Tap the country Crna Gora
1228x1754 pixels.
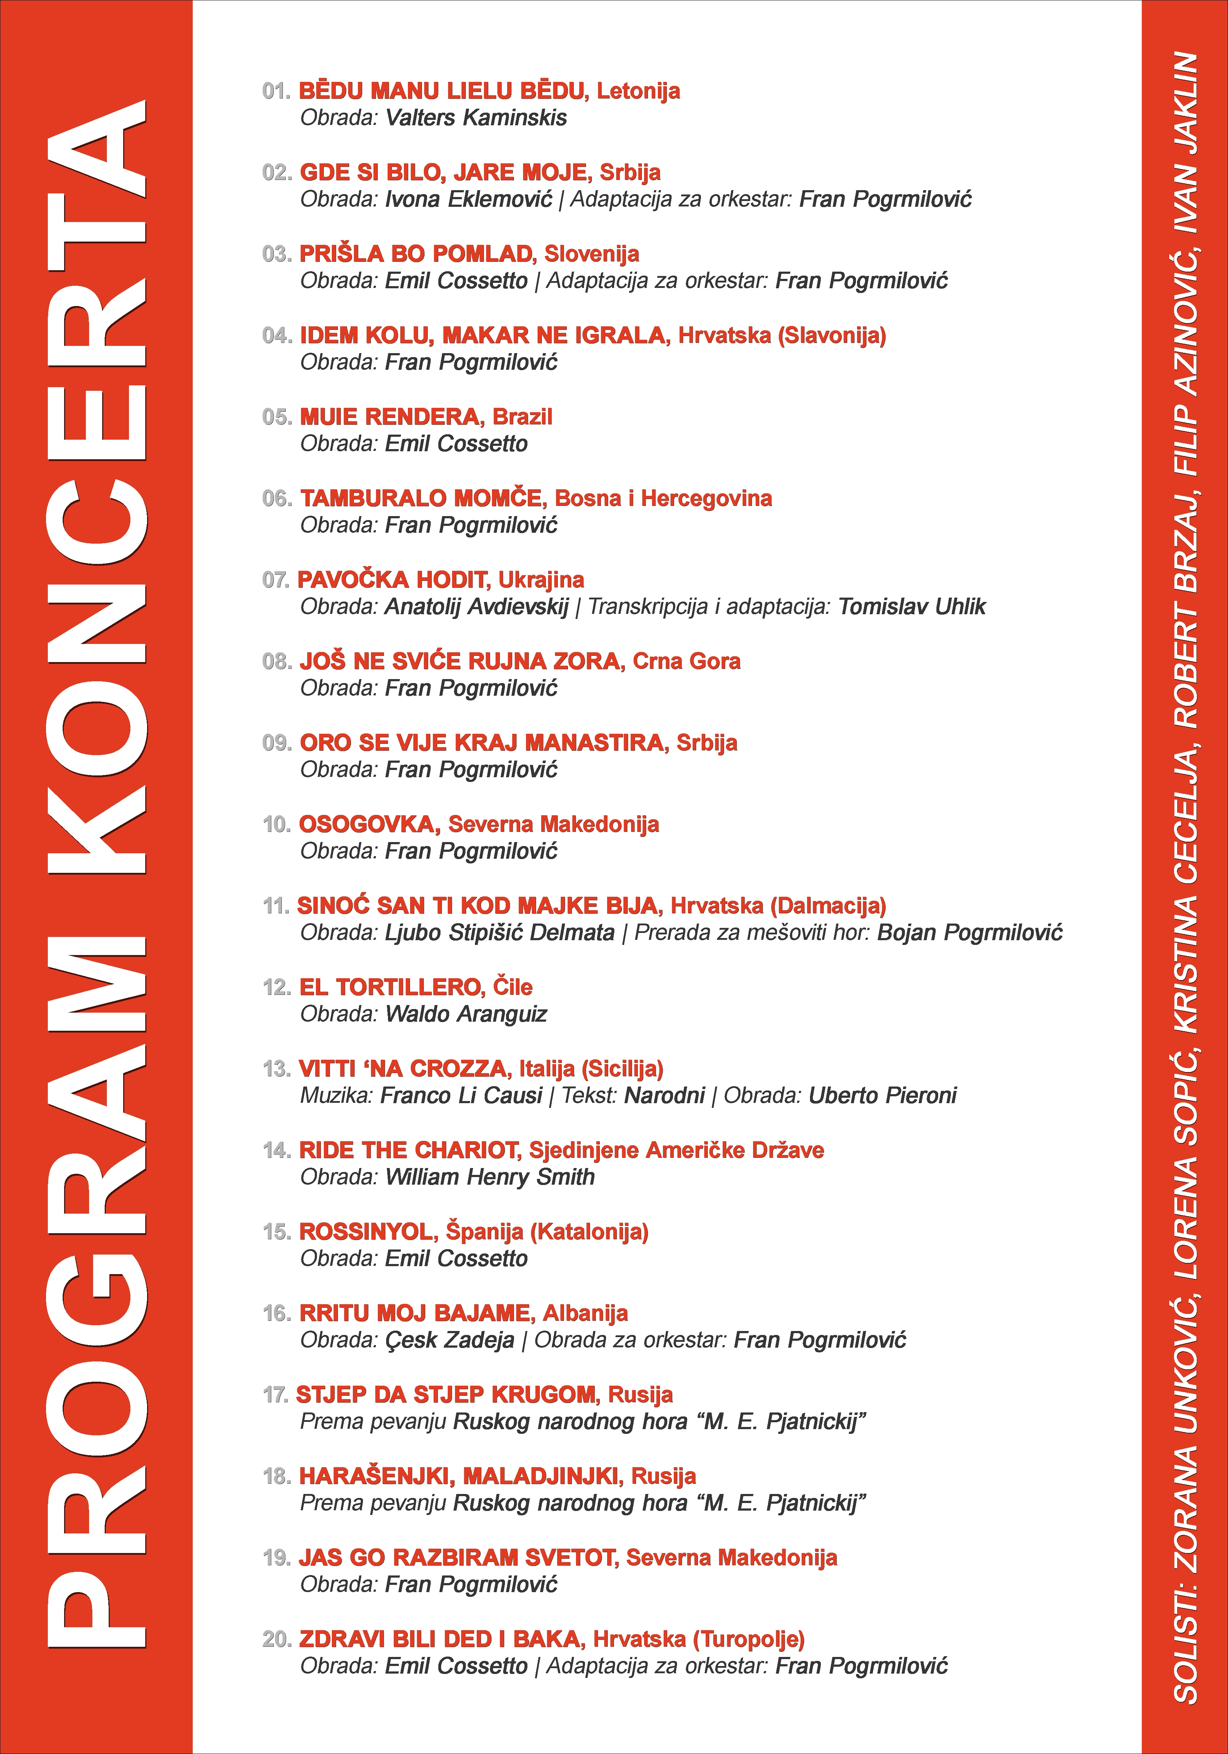tap(686, 662)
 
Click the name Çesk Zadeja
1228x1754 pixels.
tap(449, 1340)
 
